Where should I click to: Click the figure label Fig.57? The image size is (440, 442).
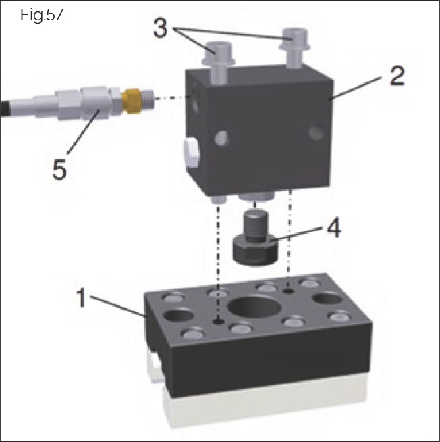(x=42, y=15)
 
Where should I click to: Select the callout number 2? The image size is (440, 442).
(x=396, y=74)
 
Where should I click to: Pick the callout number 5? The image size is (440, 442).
(x=60, y=168)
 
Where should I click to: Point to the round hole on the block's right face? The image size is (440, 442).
(x=314, y=132)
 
